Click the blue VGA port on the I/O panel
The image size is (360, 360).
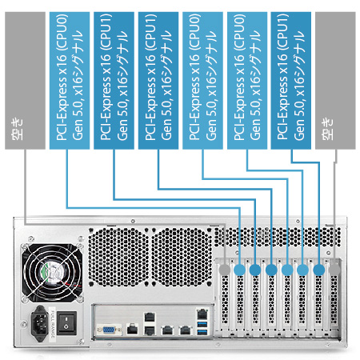coord(109,330)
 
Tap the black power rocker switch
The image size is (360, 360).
coord(66,323)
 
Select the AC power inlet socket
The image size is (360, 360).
coord(40,323)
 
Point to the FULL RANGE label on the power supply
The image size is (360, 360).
coord(53,324)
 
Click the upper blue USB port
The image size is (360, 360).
coord(202,324)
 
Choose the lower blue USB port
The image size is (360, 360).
coord(202,332)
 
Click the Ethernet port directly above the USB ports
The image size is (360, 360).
coord(202,314)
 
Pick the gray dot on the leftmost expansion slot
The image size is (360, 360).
coord(225,270)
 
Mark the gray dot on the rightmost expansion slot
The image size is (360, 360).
coord(334,270)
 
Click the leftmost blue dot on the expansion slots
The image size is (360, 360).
coord(239,270)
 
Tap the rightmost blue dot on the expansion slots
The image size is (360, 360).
coord(319,270)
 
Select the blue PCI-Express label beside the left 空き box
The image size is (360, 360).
coord(70,81)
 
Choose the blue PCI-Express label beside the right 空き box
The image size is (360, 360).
coord(291,81)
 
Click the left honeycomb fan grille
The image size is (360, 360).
coord(118,257)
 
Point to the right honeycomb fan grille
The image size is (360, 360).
coord(182,257)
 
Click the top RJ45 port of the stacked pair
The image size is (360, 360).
coord(150,317)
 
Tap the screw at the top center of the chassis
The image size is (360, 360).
coord(133,221)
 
